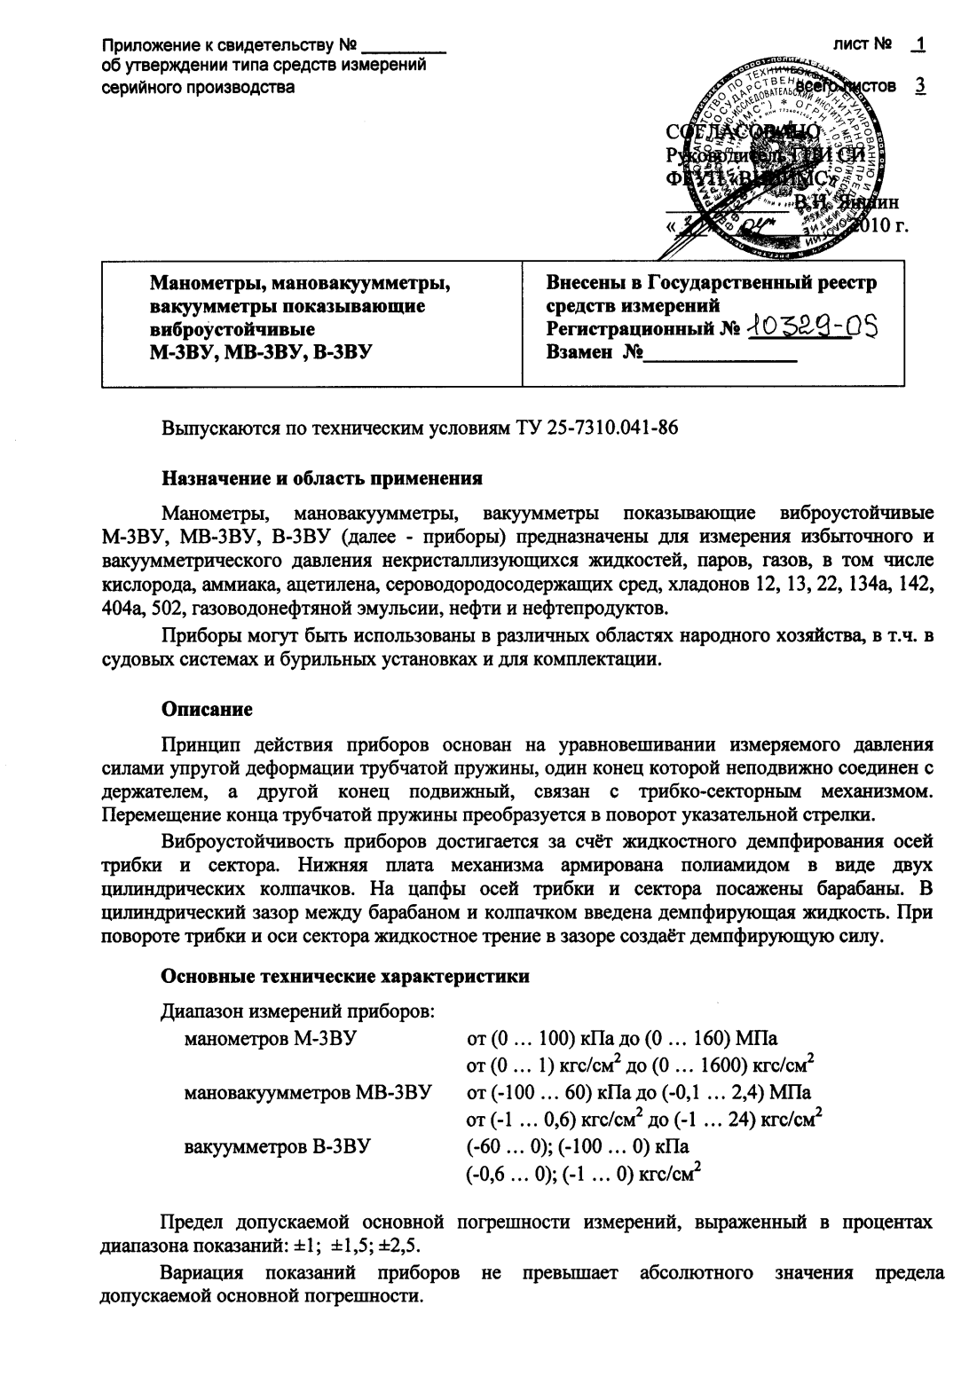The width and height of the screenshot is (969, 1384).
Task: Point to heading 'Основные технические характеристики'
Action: (x=345, y=976)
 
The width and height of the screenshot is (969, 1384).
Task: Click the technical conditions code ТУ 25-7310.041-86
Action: (x=597, y=428)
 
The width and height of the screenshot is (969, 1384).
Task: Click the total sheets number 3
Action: (x=920, y=86)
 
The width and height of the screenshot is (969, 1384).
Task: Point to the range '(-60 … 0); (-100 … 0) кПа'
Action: (x=578, y=1145)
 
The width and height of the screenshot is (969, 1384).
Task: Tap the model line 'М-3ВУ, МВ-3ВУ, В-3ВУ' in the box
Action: (x=260, y=351)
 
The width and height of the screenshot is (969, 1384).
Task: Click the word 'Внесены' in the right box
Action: (x=585, y=284)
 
